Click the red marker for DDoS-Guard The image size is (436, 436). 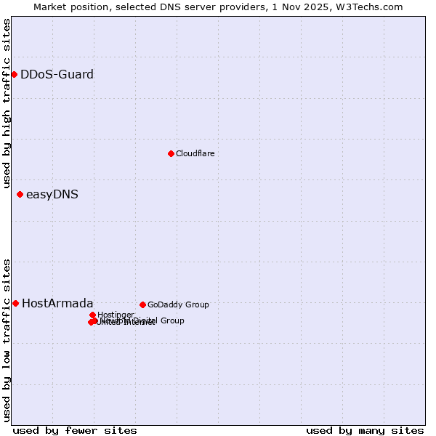click(14, 74)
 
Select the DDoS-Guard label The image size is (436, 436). click(57, 74)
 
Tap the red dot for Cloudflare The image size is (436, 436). click(171, 153)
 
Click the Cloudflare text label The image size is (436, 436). click(195, 153)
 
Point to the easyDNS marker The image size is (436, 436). click(20, 194)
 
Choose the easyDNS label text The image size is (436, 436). click(52, 194)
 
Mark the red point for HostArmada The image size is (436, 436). click(15, 303)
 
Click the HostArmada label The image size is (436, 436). click(57, 303)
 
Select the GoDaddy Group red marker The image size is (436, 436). click(142, 304)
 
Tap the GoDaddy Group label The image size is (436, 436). click(178, 304)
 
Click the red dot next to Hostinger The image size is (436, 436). click(92, 315)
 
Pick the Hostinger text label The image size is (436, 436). click(116, 315)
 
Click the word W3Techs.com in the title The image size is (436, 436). click(373, 7)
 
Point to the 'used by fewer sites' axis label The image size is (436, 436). click(75, 430)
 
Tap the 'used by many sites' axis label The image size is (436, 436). click(365, 430)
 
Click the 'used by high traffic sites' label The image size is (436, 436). click(7, 103)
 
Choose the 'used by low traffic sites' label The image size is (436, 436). click(7, 339)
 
